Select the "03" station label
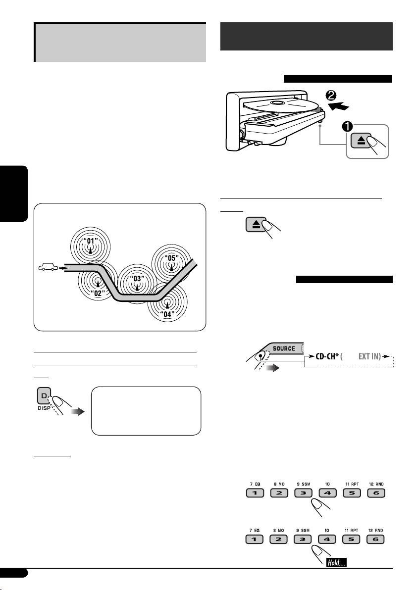click(x=137, y=278)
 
